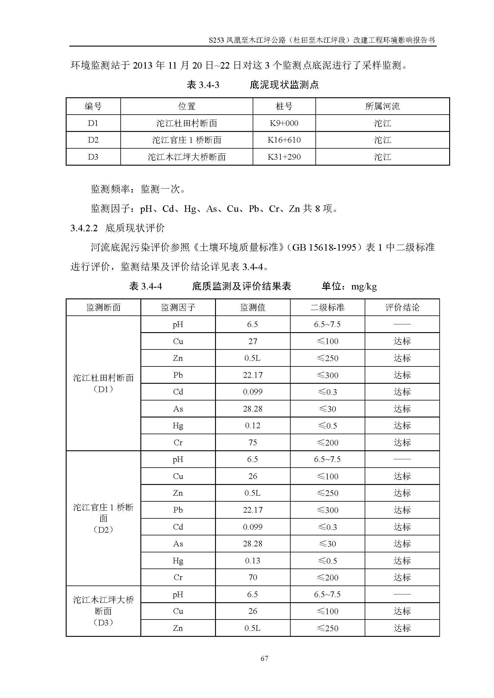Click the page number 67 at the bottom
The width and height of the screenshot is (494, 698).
[264, 658]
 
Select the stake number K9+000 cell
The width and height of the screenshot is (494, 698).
[284, 123]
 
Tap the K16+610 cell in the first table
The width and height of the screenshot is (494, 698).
[284, 140]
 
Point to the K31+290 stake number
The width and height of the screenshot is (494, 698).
[284, 157]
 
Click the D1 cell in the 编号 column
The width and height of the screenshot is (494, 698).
[93, 123]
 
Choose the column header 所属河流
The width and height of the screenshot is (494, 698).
[382, 106]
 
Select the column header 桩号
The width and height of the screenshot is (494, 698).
[284, 106]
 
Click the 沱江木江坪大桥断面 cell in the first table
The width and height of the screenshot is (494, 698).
[186, 157]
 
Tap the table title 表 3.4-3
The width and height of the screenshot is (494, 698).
[203, 85]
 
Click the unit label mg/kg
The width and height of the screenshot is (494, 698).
[364, 286]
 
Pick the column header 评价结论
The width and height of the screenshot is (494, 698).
[402, 307]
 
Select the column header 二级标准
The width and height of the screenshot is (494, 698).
[327, 307]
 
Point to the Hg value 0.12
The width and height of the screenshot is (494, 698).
[252, 426]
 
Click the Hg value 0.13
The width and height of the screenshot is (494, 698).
[252, 561]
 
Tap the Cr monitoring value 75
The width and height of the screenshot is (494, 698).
[252, 442]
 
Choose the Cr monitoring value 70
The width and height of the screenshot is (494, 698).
[252, 577]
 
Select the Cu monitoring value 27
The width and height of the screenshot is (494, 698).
[252, 341]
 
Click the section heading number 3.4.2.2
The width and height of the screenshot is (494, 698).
[84, 228]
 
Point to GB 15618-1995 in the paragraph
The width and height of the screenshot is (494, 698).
[324, 247]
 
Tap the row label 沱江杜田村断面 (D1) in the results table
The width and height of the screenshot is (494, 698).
[103, 383]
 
